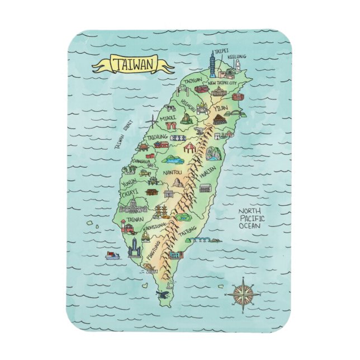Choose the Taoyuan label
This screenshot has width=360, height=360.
(193, 80)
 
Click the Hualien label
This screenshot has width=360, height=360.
(206, 174)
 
